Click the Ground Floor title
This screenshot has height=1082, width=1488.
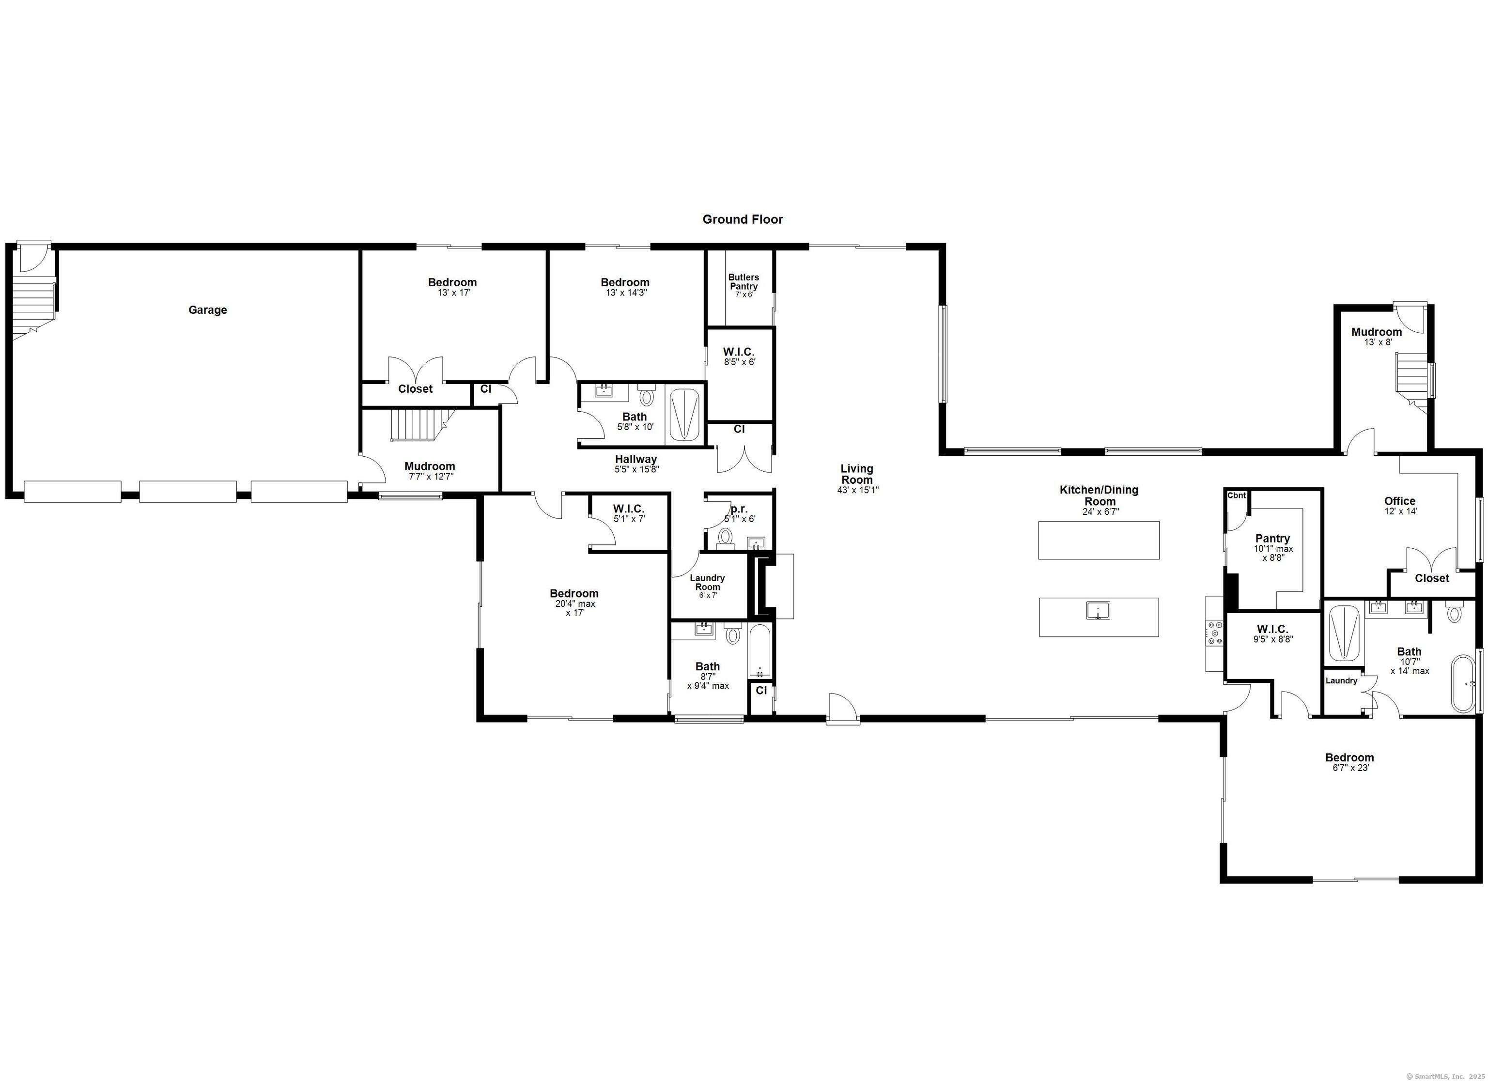743,219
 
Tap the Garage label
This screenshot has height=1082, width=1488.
207,309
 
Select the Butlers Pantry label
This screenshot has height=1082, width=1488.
744,281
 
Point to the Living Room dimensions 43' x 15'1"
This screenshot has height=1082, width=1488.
857,490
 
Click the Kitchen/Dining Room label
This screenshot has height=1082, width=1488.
1099,495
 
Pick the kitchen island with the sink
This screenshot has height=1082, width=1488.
1099,617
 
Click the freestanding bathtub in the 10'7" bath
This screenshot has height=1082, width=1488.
1462,684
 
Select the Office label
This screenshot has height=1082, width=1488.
1399,501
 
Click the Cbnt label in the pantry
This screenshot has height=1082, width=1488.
1237,495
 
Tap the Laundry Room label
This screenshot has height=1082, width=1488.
707,582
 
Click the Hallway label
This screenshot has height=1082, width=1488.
636,459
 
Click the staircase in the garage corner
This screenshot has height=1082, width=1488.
33,305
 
